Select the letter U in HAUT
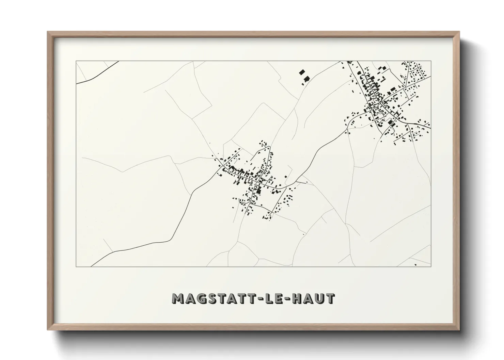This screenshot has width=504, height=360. click(321, 298)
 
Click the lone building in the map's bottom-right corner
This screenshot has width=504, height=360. click(415, 264)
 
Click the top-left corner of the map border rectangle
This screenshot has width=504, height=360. click(76, 61)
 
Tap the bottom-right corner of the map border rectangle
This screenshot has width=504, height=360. click(431, 266)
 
